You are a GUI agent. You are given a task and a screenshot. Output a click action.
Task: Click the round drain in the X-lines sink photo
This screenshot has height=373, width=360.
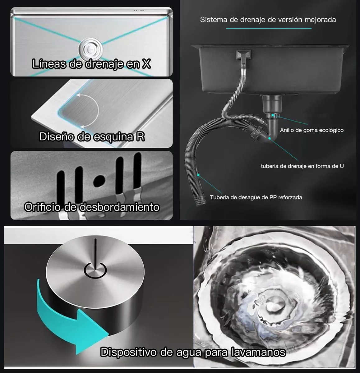(x=90, y=48)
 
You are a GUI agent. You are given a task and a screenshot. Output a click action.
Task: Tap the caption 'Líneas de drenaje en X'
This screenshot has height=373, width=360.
(x=91, y=64)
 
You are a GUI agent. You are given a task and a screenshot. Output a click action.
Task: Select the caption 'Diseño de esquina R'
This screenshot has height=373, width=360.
(x=92, y=137)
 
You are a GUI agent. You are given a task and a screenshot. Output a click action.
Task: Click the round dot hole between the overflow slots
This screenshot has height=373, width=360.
(x=99, y=181)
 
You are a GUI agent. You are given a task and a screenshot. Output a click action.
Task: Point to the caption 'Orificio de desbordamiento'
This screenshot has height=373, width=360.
(x=92, y=207)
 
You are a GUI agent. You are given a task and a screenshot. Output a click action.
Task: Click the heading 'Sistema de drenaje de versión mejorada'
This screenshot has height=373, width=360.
(x=268, y=20)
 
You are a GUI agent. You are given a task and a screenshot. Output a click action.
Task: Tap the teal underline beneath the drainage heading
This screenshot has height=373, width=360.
(x=269, y=29)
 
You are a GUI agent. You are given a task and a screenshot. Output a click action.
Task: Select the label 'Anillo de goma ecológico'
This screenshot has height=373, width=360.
(x=312, y=130)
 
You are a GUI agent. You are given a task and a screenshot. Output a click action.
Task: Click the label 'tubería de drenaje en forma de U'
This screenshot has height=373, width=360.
(x=302, y=166)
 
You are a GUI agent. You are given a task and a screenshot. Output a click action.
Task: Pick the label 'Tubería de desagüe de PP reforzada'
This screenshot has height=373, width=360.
(x=256, y=197)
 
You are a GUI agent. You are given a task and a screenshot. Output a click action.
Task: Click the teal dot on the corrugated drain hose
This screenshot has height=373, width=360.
(x=198, y=175)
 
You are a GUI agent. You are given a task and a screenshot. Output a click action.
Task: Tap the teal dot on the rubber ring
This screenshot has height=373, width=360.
(x=273, y=115)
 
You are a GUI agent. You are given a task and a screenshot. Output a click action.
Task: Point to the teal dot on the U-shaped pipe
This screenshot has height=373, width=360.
(x=269, y=138)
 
